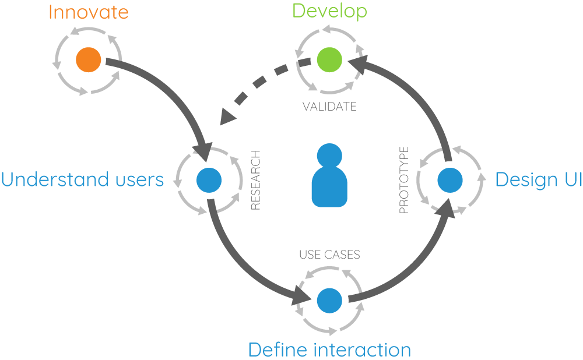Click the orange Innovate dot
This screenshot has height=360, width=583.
tap(89, 59)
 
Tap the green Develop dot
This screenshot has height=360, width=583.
tap(329, 59)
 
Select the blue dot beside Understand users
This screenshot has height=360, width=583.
tap(208, 180)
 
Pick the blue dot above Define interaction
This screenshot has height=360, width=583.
tap(329, 300)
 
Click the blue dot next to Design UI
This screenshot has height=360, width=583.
tap(450, 180)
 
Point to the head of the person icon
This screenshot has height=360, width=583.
tap(329, 157)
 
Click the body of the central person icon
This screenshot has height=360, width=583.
tap(329, 189)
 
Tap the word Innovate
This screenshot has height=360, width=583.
tap(88, 12)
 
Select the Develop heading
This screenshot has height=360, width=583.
tap(329, 11)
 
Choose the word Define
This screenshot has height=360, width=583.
tap(278, 350)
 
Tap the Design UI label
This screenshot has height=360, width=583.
tap(538, 180)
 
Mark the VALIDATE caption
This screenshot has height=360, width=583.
tap(329, 107)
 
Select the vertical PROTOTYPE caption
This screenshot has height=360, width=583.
tap(403, 180)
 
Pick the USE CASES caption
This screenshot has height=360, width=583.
tap(329, 255)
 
